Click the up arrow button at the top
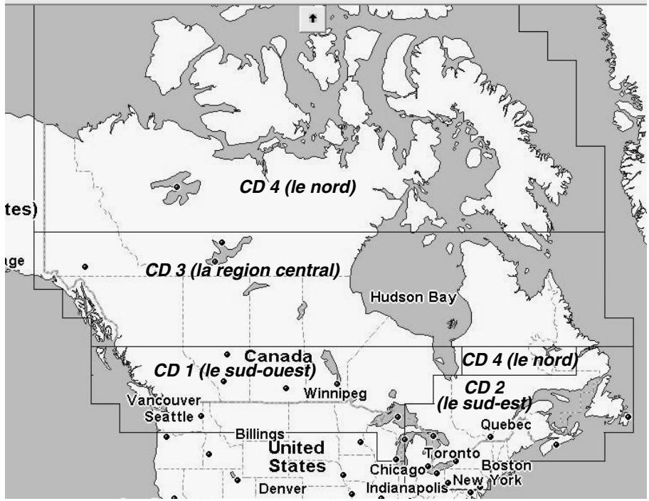314,19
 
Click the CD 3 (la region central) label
243,270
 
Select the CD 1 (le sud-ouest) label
236,371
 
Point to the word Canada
278,356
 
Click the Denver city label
283,489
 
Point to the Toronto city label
453,453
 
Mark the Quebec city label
507,424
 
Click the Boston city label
507,465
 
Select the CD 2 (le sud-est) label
486,395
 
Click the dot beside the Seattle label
201,416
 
